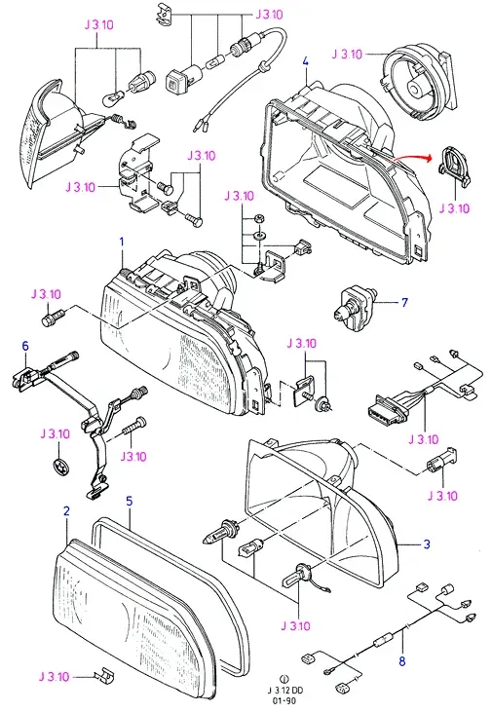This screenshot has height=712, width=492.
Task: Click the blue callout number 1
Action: [122, 242]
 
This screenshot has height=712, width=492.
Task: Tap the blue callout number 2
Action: [66, 511]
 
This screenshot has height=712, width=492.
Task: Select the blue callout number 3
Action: [427, 544]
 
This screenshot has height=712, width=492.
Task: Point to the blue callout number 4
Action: [305, 60]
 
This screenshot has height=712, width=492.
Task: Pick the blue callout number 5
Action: [130, 502]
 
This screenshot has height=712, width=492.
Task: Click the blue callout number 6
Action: [25, 346]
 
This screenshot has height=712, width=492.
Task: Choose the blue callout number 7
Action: [404, 302]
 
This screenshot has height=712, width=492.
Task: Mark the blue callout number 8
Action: [402, 661]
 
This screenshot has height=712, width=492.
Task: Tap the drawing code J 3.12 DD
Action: [284, 691]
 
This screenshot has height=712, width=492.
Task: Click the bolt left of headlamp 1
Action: [54, 316]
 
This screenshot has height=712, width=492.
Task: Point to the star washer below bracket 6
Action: [59, 467]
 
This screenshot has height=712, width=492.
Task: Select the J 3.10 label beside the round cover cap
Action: [347, 55]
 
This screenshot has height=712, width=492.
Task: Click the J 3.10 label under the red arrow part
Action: [454, 208]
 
